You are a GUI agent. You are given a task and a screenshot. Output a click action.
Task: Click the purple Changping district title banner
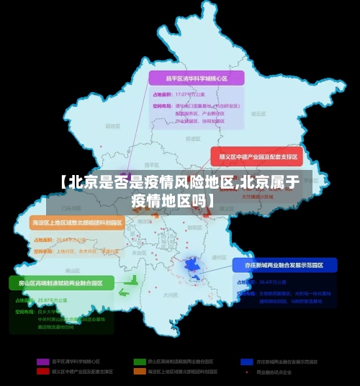196,78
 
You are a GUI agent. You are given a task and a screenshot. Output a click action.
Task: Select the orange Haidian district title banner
78,223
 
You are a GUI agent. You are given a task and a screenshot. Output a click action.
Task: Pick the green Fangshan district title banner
61,283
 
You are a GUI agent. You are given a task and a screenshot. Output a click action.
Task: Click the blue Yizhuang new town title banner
285,265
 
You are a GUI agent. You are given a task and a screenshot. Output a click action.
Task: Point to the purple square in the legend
42,361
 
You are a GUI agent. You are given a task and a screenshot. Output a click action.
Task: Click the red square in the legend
42,372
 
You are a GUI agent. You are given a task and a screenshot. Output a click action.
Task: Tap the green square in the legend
139,361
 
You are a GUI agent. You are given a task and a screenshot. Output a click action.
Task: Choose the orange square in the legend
139,372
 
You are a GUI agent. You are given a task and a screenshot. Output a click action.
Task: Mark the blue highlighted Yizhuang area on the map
193,268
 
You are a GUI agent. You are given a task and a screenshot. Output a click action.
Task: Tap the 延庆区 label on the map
112,125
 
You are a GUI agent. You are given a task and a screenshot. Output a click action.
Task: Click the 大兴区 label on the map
170,295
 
